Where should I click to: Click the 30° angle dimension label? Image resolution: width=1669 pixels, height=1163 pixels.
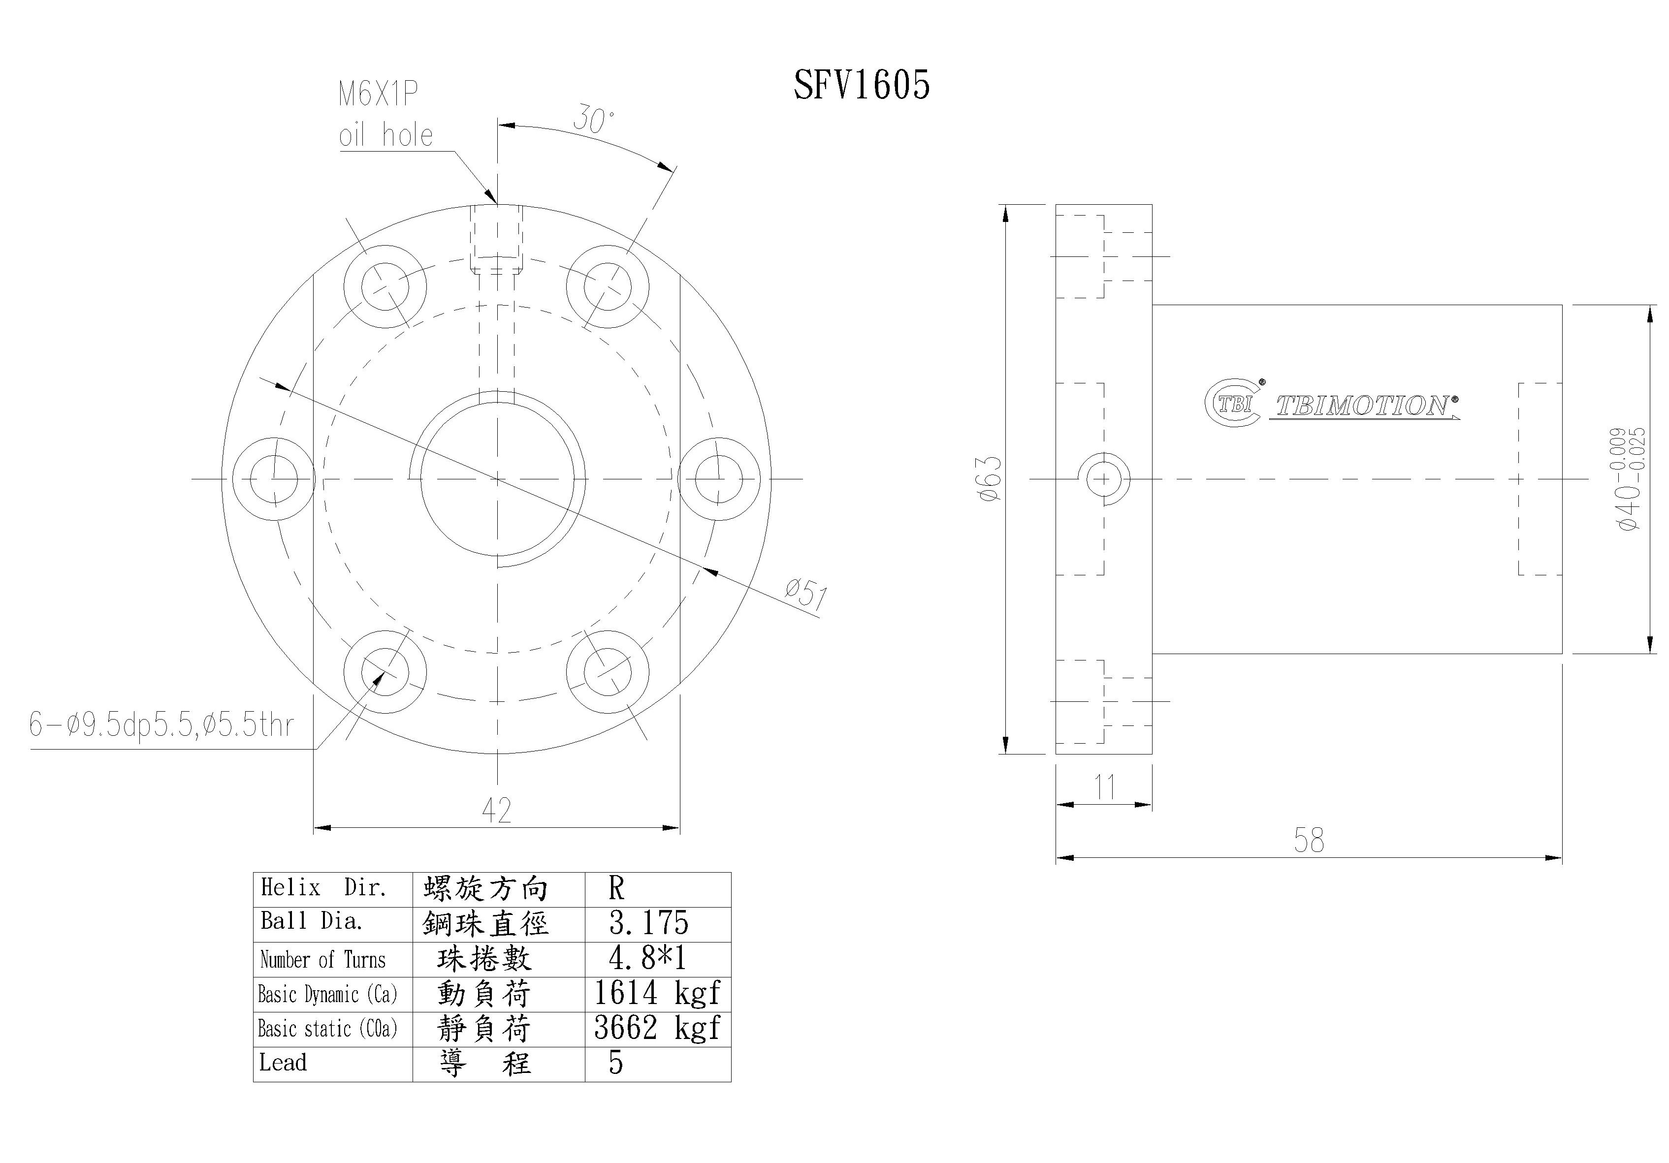coord(593,119)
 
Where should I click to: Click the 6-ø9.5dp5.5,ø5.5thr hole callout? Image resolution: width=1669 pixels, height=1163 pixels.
coord(161,724)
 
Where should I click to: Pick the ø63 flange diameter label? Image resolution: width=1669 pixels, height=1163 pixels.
coord(990,479)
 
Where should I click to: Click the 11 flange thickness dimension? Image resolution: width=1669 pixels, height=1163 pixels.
coord(1104,787)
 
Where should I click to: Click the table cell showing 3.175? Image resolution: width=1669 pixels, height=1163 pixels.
coord(648,923)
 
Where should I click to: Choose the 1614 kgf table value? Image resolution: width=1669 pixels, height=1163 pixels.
coord(656,993)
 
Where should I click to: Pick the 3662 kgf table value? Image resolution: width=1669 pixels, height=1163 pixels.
coord(656,1028)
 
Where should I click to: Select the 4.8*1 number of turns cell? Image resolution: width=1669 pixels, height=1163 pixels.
coord(647,958)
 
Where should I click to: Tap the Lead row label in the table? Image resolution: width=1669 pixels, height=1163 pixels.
coord(284,1063)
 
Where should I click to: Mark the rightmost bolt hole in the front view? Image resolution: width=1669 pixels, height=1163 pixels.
coord(719,479)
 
